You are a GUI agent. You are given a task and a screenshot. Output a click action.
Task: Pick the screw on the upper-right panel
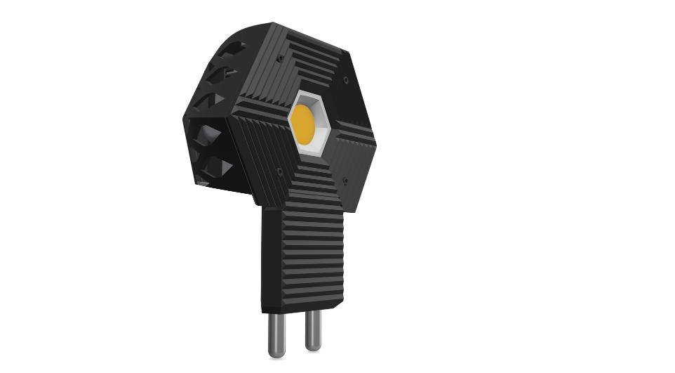coord(346,81)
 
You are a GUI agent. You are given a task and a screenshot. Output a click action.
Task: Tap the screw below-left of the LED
coord(280,170)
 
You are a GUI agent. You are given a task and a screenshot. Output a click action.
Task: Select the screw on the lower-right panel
coord(346,183)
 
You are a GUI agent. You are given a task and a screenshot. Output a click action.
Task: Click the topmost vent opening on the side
coord(233,48)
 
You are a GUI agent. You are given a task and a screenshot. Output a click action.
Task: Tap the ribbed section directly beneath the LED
coord(316,183)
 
